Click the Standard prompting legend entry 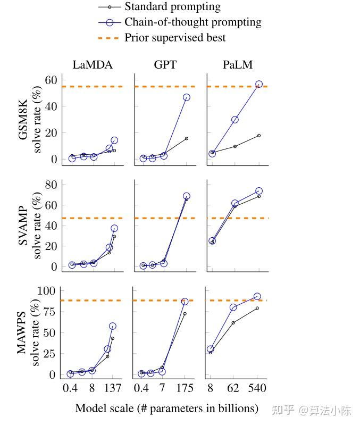point(172,7)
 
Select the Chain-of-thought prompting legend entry point(192,22)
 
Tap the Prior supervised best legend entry point(175,38)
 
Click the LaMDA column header point(93,65)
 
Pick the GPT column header point(165,65)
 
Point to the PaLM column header point(238,65)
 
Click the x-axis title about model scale point(166,409)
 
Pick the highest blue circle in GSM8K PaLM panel point(259,85)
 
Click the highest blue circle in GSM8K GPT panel point(187,97)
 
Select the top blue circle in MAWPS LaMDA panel point(113,326)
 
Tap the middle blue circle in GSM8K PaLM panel point(235,120)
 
